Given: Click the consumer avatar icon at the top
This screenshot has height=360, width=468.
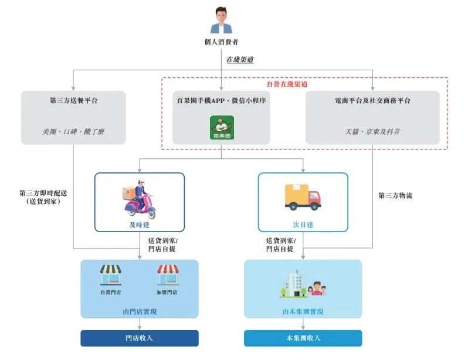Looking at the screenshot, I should pos(221,20).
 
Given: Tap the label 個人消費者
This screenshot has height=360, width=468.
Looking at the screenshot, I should pos(221,42).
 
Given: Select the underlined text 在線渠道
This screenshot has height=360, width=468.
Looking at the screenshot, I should pos(240,60).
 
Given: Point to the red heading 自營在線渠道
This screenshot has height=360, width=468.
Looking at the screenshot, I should pos(287,84).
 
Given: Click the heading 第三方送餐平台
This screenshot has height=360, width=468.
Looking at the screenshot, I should pos(74,101).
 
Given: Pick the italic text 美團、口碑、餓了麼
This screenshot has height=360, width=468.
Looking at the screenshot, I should pos(74,132).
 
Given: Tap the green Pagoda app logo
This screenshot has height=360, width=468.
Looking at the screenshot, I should pos(222,128).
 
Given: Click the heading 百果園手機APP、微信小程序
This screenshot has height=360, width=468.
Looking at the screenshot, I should pos(222,101).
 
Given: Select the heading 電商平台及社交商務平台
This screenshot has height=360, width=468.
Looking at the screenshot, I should pos(372,101).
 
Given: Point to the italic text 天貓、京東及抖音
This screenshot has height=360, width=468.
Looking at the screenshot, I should pos(372,132).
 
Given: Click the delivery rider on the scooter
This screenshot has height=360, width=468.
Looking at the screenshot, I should pos(140,198).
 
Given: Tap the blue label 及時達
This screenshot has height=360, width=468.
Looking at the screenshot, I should pos(140,225).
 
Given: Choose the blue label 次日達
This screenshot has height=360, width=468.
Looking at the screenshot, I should pos(303,225).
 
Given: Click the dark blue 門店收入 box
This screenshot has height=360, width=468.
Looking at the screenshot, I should pos(139,338).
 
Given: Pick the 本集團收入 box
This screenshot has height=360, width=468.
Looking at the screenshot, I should pos(303,338).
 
